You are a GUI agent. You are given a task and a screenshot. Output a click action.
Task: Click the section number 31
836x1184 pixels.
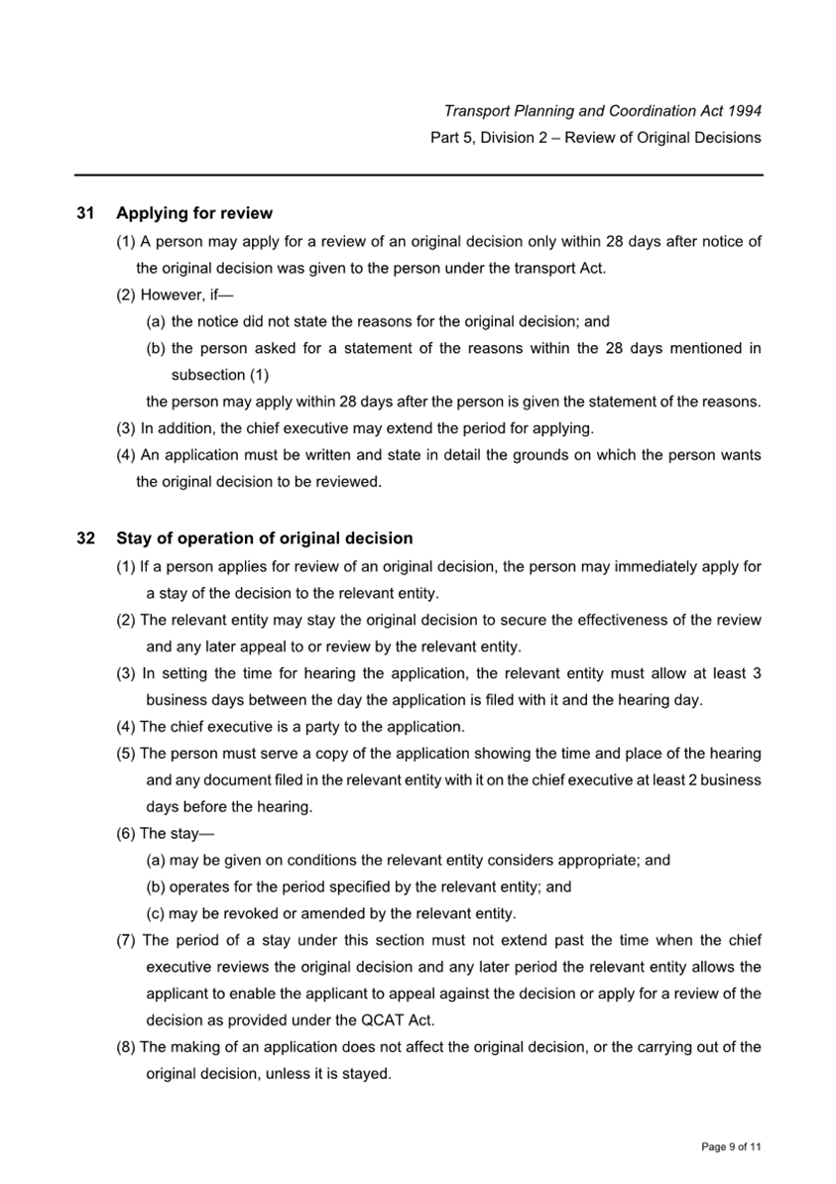click(x=85, y=213)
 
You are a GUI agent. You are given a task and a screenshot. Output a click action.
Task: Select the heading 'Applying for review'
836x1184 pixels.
click(x=194, y=213)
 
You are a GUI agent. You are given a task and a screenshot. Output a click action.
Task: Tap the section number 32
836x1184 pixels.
click(x=85, y=538)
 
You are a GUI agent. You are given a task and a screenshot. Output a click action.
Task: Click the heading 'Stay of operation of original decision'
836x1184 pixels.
click(x=265, y=538)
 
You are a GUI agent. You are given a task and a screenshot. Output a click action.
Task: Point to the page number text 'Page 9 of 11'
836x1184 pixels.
click(x=731, y=1147)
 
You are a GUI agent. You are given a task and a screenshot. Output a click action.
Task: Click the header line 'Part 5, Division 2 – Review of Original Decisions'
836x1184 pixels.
click(x=596, y=138)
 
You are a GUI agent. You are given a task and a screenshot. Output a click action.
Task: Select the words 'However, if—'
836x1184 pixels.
click(x=187, y=295)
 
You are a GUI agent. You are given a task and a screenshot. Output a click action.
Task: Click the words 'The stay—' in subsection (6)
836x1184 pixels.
click(x=178, y=833)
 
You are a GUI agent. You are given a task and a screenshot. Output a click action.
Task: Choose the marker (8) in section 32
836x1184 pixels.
click(x=126, y=1046)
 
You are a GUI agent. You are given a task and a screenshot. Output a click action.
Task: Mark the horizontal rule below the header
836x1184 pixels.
click(x=418, y=176)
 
